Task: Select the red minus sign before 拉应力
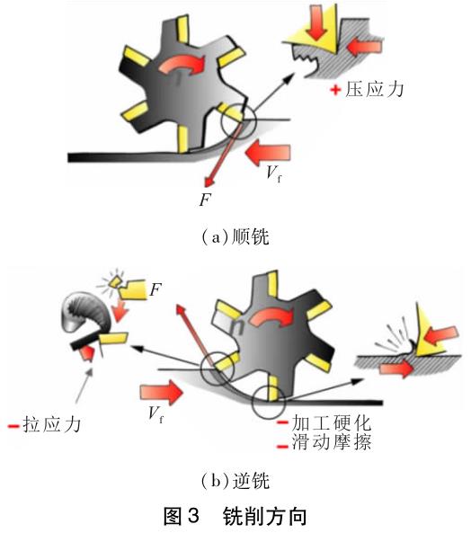[x=12, y=424]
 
